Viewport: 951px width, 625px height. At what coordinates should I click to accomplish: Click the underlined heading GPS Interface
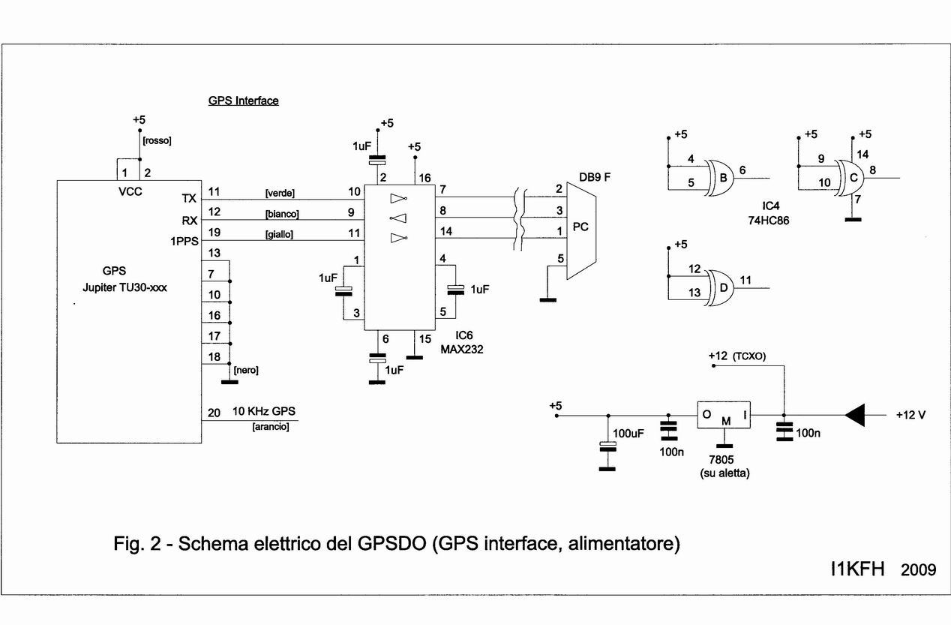click(x=243, y=101)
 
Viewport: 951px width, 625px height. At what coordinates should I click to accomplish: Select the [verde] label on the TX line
click(x=280, y=193)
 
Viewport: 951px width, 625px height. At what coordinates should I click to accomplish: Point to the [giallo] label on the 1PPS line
click(x=280, y=234)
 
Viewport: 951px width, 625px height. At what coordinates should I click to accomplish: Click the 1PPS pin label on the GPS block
click(x=184, y=242)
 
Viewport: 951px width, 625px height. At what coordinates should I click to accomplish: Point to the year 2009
click(x=919, y=570)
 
